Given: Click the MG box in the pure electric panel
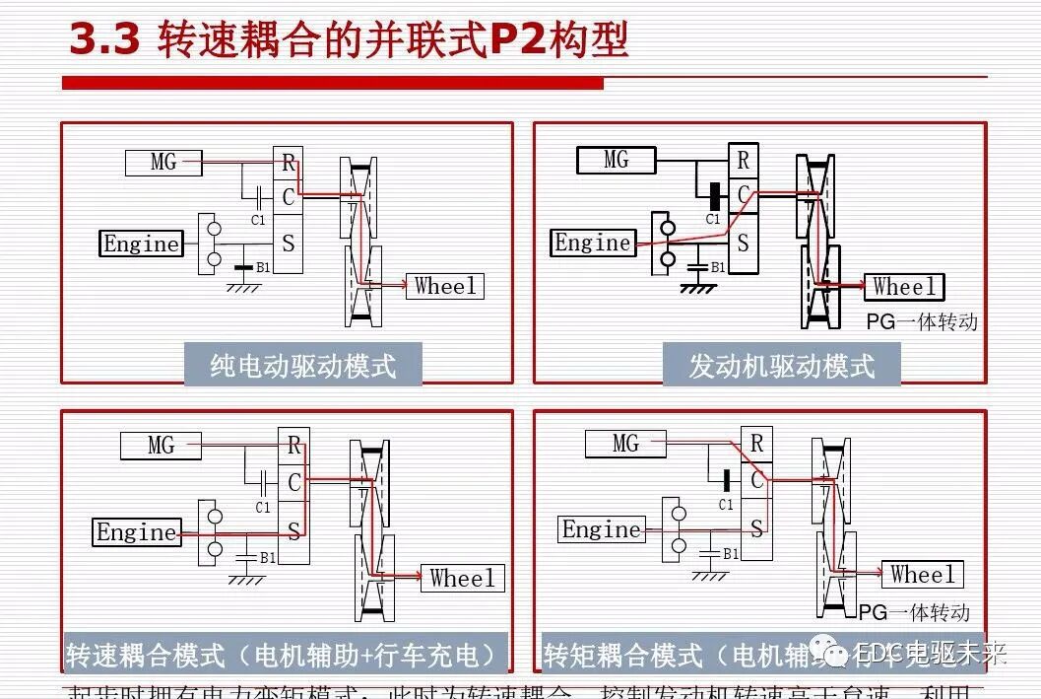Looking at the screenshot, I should (163, 162).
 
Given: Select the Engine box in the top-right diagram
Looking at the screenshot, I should (592, 243).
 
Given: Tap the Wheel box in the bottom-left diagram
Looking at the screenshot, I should (462, 578).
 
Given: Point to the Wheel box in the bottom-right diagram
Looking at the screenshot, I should (922, 574).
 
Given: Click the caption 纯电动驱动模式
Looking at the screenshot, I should (302, 366).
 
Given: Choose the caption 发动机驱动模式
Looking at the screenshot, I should (781, 366).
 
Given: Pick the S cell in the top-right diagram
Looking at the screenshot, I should (743, 243).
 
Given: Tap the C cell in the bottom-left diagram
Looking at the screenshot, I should (293, 483).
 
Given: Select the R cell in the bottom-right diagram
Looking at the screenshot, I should (756, 445).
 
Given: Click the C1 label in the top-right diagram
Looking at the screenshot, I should (713, 220).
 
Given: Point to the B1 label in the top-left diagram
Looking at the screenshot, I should (263, 267).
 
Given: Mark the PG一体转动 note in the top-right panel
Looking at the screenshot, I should (922, 321).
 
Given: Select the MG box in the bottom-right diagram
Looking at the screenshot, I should (625, 444).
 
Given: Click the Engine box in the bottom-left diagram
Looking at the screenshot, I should (136, 532).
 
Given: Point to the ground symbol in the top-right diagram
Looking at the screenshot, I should (698, 288).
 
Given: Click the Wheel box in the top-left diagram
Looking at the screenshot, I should (444, 286).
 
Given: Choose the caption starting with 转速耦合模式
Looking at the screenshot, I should (285, 655).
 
